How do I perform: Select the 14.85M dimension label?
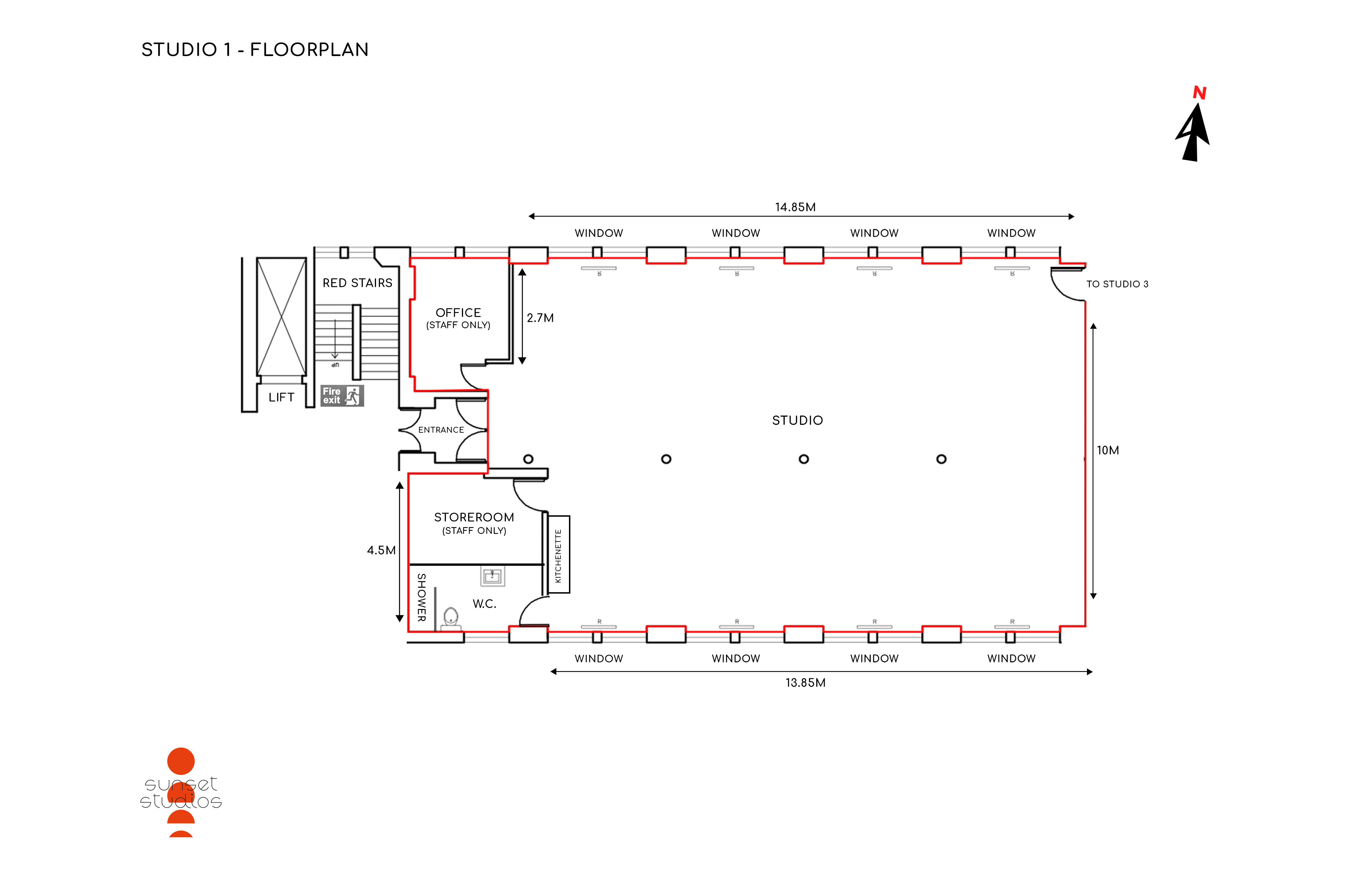point(795,207)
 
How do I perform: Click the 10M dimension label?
point(1108,450)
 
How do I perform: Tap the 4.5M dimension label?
point(381,550)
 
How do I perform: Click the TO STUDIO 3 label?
point(1117,284)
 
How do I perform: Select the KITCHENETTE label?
point(558,556)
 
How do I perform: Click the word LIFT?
point(281,397)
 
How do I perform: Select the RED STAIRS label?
point(357,283)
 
